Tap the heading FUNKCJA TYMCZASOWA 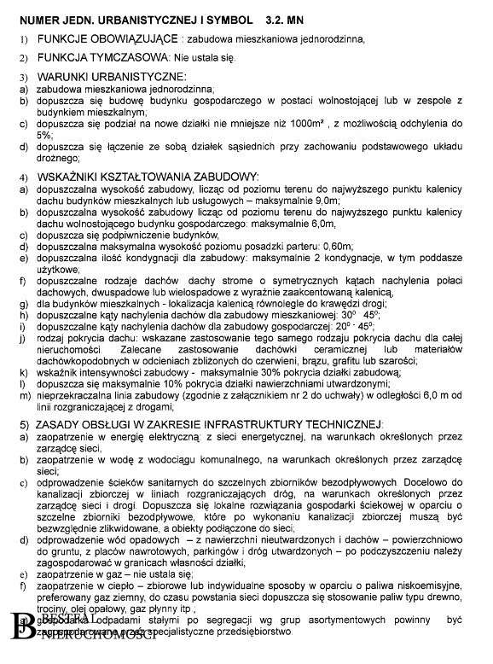point(95,56)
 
